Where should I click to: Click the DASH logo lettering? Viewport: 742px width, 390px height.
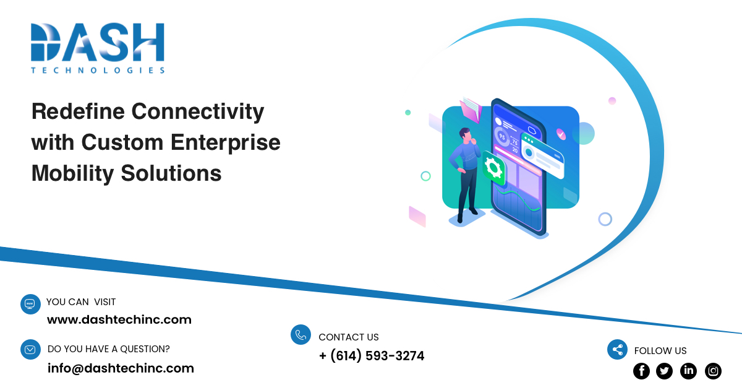(98, 42)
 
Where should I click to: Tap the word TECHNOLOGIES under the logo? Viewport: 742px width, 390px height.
(98, 71)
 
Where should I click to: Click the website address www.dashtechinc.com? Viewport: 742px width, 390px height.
(119, 320)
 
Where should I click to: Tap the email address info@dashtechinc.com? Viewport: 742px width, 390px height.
(121, 368)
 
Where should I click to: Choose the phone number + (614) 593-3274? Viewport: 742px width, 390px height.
(372, 356)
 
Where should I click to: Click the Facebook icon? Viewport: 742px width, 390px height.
(642, 371)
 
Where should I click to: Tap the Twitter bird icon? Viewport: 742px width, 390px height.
(665, 371)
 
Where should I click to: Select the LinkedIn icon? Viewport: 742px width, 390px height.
(688, 371)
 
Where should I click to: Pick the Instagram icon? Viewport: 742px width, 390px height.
(713, 371)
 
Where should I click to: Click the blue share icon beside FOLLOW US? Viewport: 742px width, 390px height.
(617, 350)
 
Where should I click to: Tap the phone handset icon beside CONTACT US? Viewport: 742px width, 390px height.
(301, 335)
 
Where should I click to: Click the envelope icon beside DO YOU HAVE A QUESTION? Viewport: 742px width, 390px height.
(30, 350)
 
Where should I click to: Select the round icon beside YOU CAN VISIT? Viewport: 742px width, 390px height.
(30, 304)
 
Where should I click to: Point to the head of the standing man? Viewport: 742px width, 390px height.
(465, 134)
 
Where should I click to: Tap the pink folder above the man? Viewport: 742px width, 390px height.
(471, 110)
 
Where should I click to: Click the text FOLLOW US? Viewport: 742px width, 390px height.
(660, 350)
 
